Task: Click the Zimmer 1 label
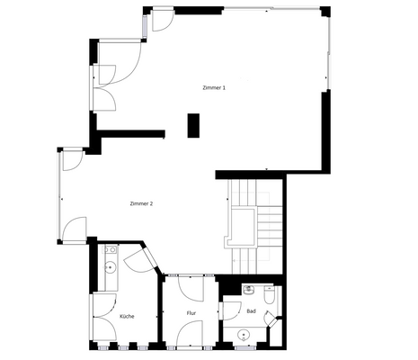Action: (x=213, y=87)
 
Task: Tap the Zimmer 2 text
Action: (x=141, y=204)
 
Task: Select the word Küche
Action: (x=127, y=317)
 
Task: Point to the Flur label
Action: (x=191, y=313)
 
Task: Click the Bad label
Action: (x=251, y=311)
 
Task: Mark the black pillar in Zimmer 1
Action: (x=193, y=125)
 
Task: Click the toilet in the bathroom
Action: (x=269, y=294)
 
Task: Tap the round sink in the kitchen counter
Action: (x=110, y=265)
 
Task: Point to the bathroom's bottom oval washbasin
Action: (x=243, y=335)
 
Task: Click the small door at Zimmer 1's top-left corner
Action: (x=162, y=20)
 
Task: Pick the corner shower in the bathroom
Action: (x=272, y=317)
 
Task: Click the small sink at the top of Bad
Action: (x=247, y=290)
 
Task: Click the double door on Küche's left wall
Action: (x=99, y=316)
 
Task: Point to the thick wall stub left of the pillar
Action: (x=131, y=135)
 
